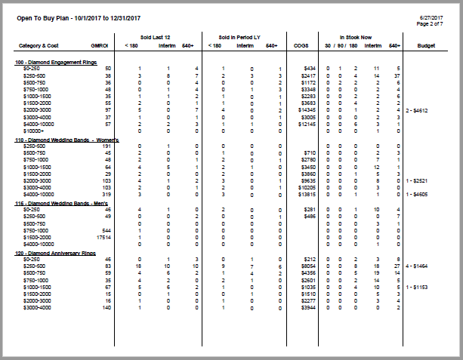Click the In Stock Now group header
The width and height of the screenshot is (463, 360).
tap(357, 35)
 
